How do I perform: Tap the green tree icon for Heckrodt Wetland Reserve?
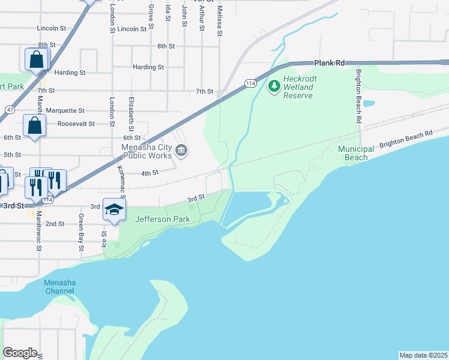click(x=274, y=86)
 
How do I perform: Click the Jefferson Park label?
click(x=163, y=219)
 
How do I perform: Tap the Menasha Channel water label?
click(x=59, y=287)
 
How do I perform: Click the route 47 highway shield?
click(x=10, y=110)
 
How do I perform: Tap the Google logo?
click(x=20, y=352)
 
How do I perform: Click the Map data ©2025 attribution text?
click(x=423, y=355)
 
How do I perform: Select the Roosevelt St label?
click(x=76, y=124)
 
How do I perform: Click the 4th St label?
click(x=149, y=173)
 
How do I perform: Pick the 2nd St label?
click(x=55, y=224)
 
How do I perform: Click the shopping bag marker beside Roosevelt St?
click(x=34, y=127)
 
